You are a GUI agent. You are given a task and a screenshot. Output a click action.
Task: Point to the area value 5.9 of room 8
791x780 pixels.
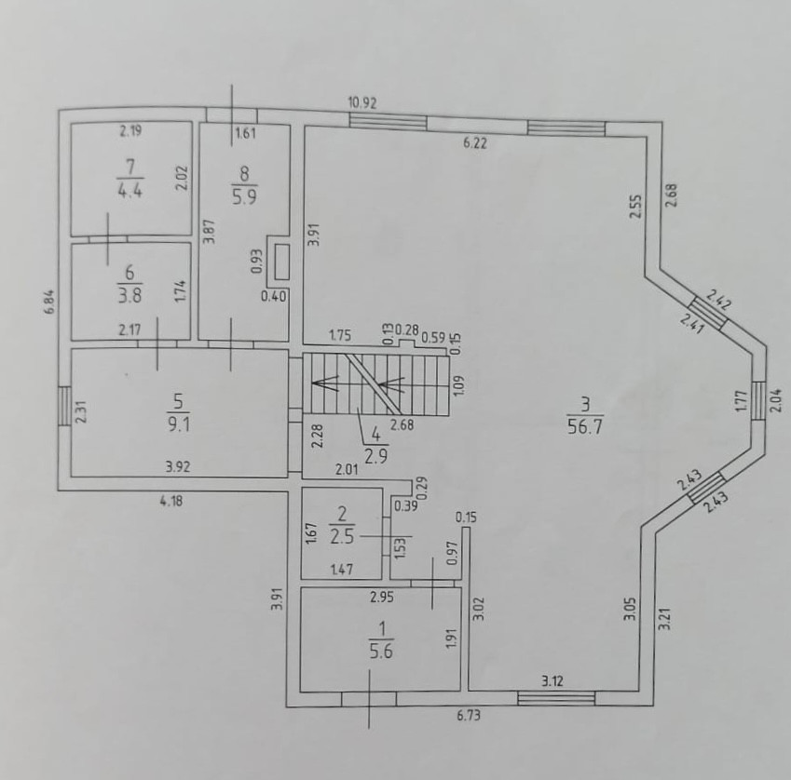[245, 197]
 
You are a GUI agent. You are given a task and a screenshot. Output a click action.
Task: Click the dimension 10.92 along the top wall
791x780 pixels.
[361, 101]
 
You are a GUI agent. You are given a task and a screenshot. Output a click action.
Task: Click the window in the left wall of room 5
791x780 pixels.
[64, 407]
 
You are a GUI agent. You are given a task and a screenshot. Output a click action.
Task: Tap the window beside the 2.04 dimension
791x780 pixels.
[758, 400]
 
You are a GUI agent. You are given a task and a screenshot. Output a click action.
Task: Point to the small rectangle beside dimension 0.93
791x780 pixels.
[280, 262]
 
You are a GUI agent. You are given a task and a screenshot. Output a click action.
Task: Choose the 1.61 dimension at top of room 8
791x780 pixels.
[245, 133]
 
